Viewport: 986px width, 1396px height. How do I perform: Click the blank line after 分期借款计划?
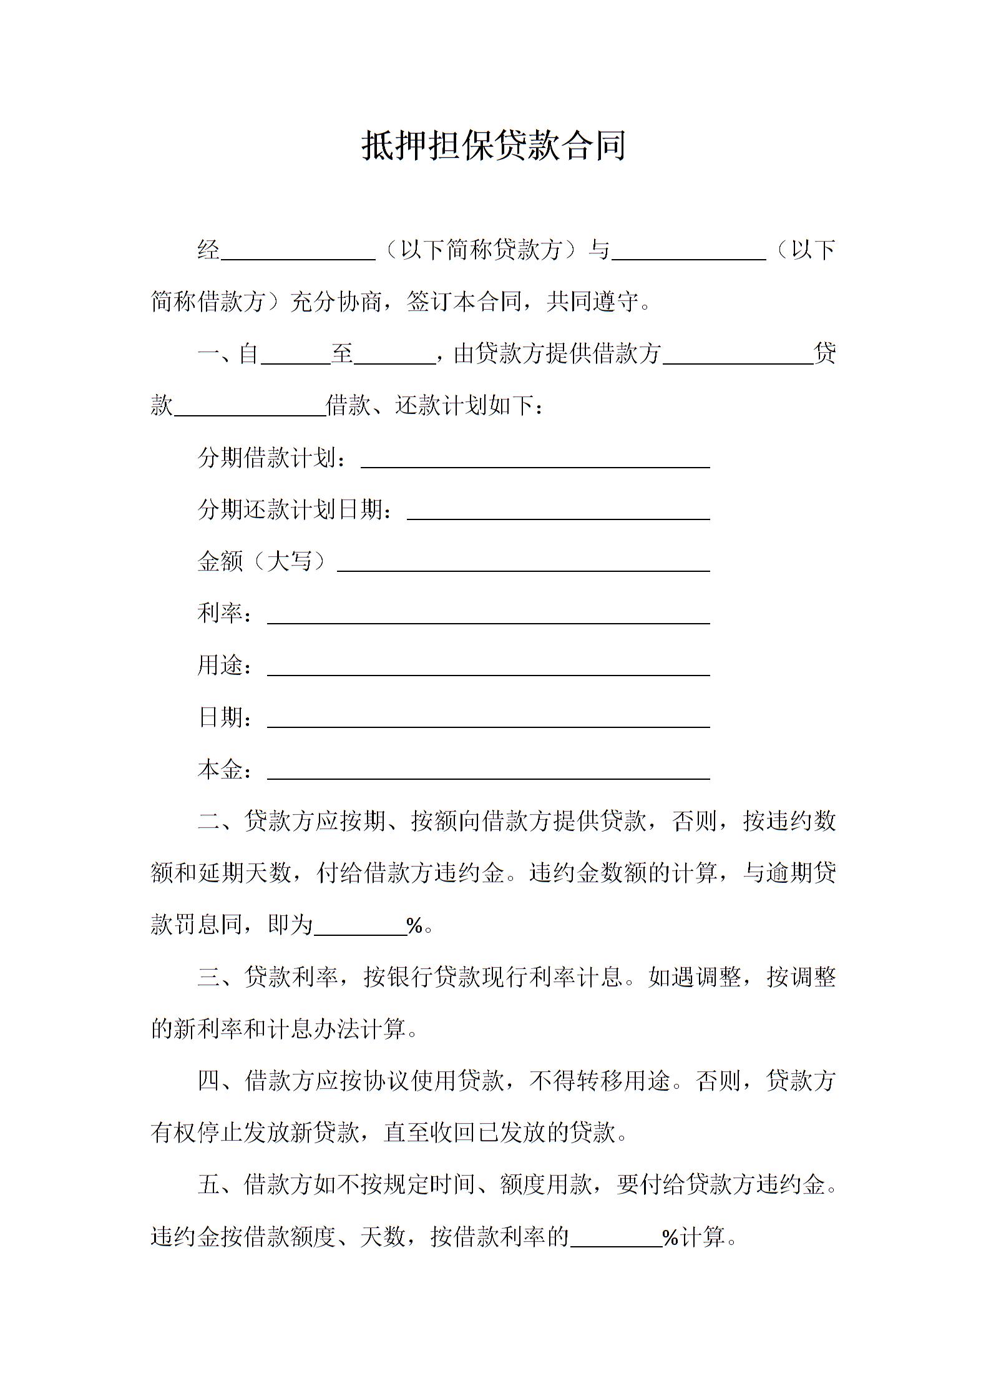tap(535, 461)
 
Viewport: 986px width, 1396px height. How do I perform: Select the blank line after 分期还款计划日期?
tap(559, 513)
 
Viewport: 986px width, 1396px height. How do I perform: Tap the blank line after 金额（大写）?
tap(524, 564)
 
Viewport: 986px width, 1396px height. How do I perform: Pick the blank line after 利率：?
tap(489, 616)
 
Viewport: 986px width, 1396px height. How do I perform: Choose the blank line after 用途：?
tap(489, 668)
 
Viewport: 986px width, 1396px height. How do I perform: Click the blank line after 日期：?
tap(489, 720)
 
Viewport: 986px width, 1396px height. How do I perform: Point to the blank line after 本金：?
tap(489, 772)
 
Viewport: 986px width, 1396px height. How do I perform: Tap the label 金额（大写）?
tap(262, 561)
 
